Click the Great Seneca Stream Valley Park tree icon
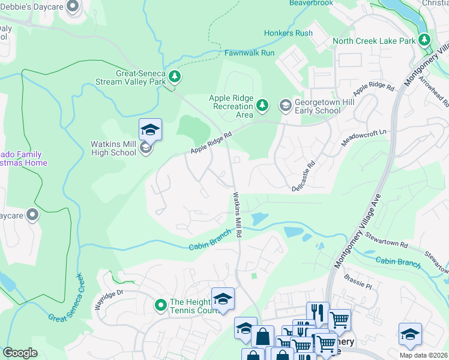point(175,76)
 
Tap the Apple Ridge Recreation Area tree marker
point(262,106)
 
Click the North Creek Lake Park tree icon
point(425,40)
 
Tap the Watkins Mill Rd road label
point(238,213)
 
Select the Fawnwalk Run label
point(249,53)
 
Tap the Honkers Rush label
point(288,33)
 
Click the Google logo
point(20,353)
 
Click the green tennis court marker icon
point(160,305)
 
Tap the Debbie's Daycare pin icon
point(73,7)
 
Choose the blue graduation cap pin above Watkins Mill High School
point(151,128)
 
